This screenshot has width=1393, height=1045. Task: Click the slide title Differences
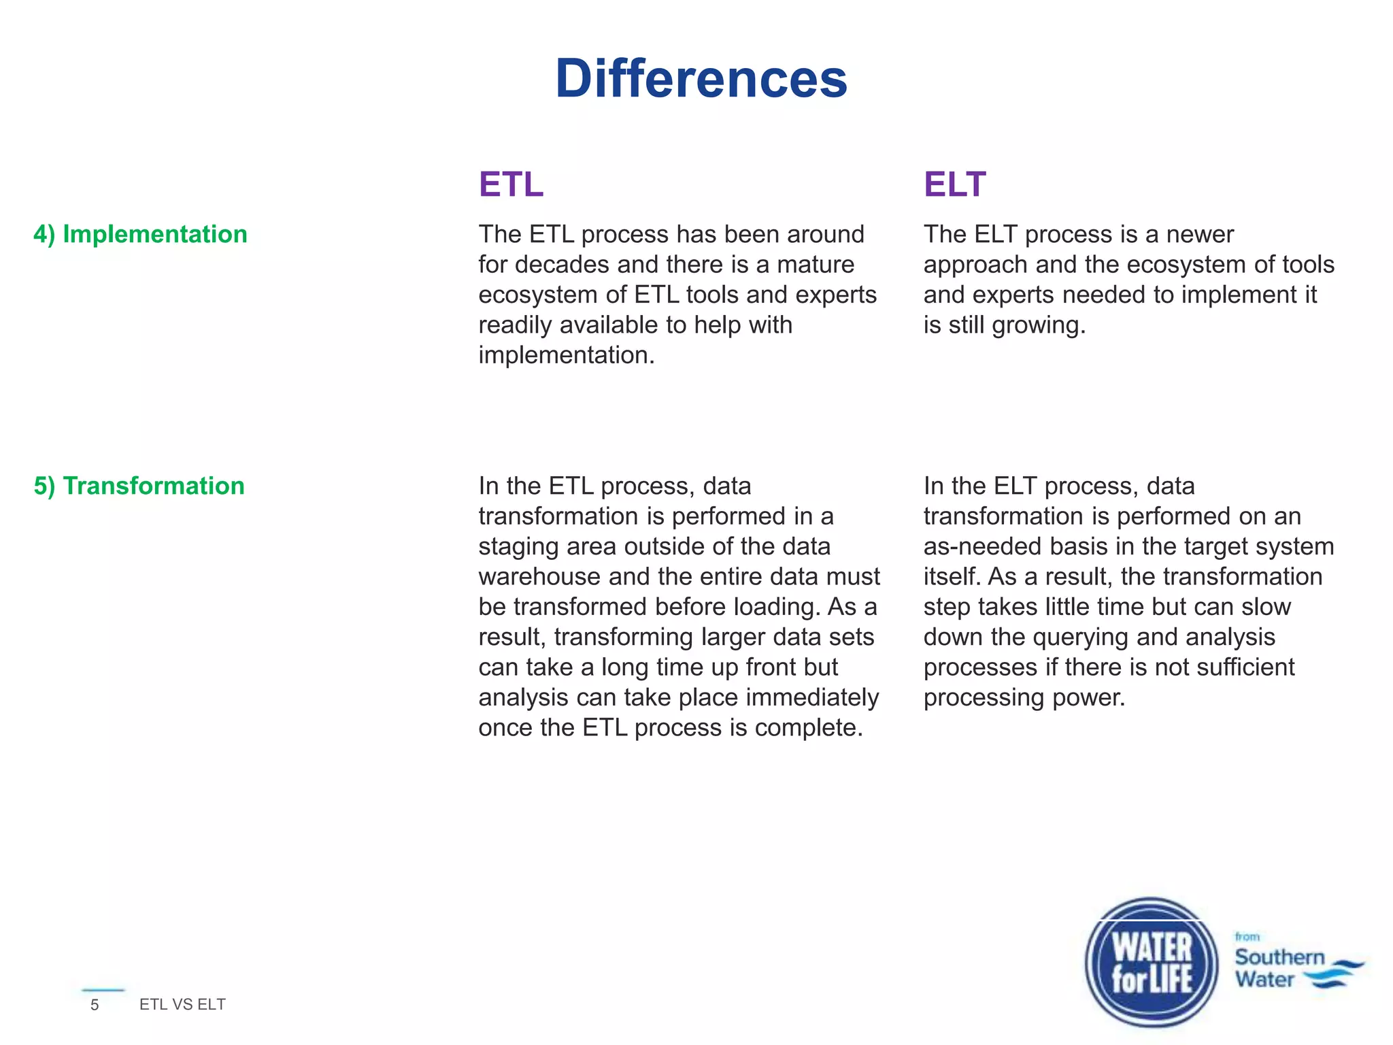pyautogui.click(x=701, y=79)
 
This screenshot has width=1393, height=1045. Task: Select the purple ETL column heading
pyautogui.click(x=511, y=184)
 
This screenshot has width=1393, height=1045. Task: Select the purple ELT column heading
pyautogui.click(x=954, y=184)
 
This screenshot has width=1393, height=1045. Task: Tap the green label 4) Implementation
pyautogui.click(x=140, y=234)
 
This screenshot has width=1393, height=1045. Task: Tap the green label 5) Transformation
pyautogui.click(x=139, y=486)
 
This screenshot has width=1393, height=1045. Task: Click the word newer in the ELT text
pyautogui.click(x=1200, y=234)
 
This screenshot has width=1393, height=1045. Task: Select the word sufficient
pyautogui.click(x=1245, y=667)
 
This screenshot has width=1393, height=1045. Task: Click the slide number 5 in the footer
pyautogui.click(x=95, y=1005)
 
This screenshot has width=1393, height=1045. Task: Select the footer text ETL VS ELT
pyautogui.click(x=182, y=1004)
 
